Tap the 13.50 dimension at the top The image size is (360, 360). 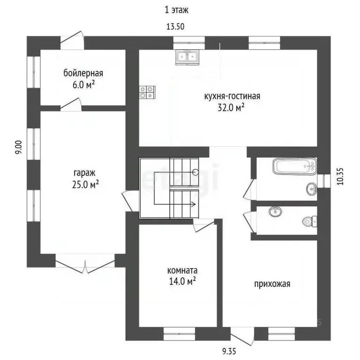(175, 27)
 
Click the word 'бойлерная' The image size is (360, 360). (83, 73)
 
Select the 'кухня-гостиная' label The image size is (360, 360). (232, 97)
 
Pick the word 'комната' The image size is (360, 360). (182, 270)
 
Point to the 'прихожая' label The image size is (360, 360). (272, 284)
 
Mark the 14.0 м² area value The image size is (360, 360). (181, 281)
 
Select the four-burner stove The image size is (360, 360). (147, 92)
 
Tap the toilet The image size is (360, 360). (310, 220)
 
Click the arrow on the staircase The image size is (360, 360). (192, 204)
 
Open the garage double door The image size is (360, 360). (85, 263)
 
